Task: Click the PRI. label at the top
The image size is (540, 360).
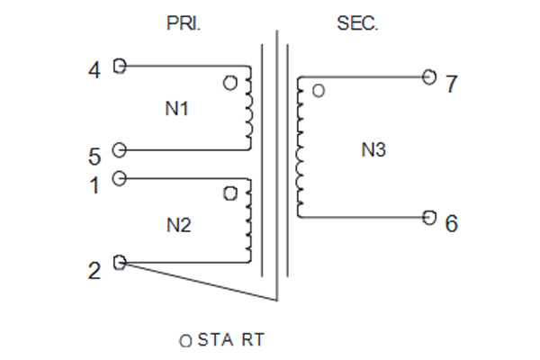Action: coord(184,23)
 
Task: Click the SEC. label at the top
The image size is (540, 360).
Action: coord(357,23)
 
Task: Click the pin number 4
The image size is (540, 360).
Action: coord(94,70)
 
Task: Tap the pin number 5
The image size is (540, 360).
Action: coord(94,157)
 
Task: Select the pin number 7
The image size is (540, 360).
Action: coord(452,84)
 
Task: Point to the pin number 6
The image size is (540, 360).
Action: coord(452,223)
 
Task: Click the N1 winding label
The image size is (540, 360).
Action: coord(176,109)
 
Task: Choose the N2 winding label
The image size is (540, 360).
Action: coord(179,225)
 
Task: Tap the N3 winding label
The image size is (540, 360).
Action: coord(373,150)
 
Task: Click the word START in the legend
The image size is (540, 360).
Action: coord(231,339)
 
